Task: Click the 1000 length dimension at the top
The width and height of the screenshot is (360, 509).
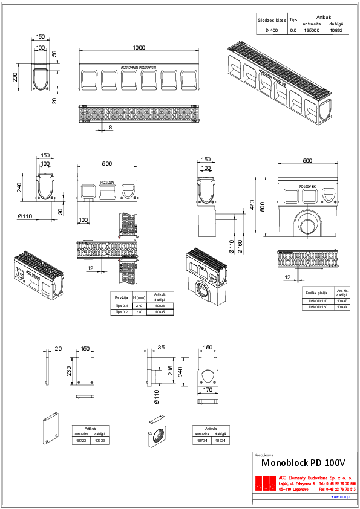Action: point(140,48)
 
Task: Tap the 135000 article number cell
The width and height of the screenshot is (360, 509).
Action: point(311,30)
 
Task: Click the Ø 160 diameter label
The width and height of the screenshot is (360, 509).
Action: point(240,246)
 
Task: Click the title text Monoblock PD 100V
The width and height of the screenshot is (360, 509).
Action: point(303,462)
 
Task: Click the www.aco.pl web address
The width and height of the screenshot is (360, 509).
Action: point(341,496)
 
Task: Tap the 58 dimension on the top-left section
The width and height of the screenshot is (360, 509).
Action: point(54,55)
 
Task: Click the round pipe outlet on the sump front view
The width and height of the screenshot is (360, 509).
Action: point(304,222)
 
